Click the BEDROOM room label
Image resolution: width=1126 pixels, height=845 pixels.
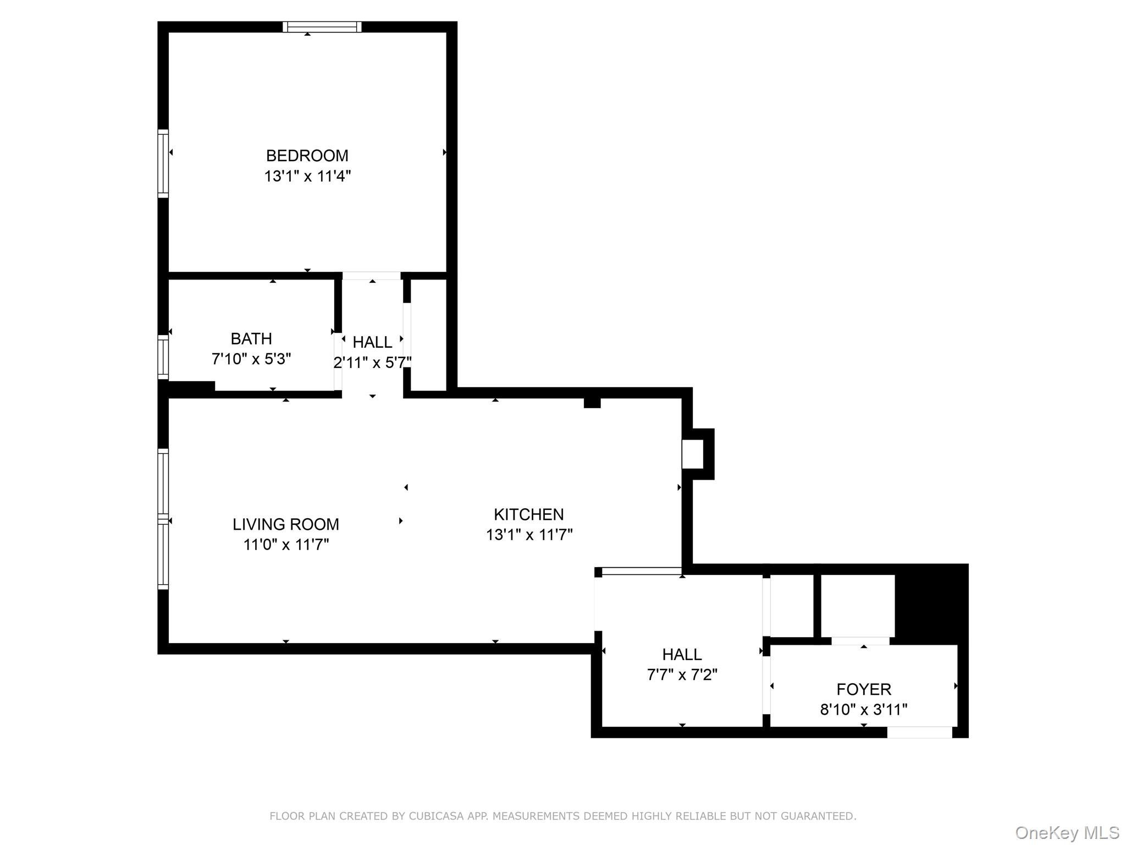tap(307, 156)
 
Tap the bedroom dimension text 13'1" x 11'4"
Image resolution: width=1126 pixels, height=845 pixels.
tap(307, 176)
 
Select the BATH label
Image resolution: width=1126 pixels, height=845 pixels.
tap(251, 338)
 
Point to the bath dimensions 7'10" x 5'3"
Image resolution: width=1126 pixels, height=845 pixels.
tap(251, 359)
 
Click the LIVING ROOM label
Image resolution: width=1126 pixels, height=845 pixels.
tap(285, 524)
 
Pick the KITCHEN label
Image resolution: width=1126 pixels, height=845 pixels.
tap(528, 514)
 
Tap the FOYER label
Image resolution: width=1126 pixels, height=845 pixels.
tap(863, 689)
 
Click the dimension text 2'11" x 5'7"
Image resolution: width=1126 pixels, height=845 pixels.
tap(372, 363)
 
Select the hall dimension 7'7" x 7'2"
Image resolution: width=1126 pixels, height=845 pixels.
tap(682, 674)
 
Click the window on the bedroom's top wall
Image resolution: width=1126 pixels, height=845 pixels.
tap(322, 27)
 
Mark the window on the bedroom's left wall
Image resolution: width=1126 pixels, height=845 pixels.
tap(163, 163)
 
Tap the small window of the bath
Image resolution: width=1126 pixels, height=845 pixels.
tap(163, 357)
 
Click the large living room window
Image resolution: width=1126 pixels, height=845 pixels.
tap(163, 519)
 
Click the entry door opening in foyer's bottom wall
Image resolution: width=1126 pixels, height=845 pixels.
tap(919, 732)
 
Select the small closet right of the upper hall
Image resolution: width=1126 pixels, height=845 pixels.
tap(428, 335)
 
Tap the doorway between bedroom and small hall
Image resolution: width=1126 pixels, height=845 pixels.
tap(372, 276)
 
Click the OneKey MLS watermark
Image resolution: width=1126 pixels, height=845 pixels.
tap(1067, 832)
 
